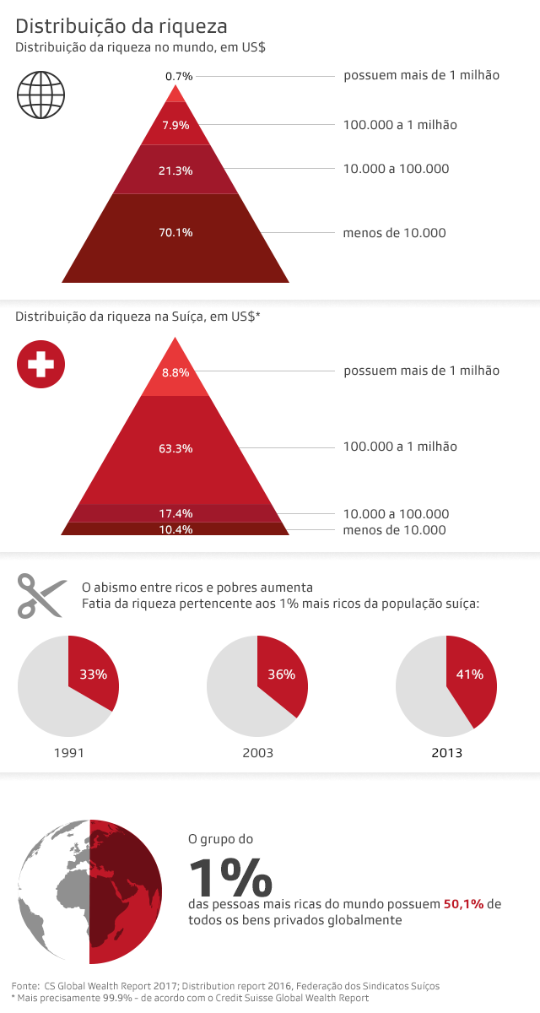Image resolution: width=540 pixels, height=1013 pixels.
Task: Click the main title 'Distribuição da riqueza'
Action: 121,26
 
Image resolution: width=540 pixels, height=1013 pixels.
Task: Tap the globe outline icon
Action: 40,94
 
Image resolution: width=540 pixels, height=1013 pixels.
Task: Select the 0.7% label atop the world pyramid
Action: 179,76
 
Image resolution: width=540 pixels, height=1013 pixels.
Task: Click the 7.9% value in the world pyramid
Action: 175,126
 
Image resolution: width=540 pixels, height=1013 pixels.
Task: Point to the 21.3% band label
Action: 175,171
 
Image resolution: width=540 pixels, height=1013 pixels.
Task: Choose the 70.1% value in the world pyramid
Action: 175,233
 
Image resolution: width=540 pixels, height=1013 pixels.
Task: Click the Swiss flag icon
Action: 40,365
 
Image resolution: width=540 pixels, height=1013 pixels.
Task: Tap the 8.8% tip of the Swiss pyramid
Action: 175,372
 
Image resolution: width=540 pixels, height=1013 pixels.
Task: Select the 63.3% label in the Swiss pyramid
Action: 175,448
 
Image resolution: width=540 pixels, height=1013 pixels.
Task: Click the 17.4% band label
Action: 175,513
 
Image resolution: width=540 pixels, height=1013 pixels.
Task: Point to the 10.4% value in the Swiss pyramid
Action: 175,529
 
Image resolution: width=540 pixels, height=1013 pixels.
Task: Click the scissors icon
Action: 40,596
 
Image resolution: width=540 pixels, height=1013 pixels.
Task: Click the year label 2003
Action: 257,752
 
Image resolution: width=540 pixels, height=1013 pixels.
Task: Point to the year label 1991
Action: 68,752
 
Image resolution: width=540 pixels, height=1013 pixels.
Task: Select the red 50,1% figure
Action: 463,904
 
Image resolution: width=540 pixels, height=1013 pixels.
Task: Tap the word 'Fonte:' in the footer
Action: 25,985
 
